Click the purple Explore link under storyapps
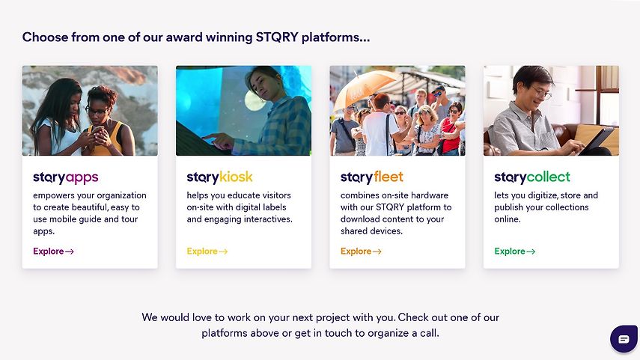pyautogui.click(x=53, y=251)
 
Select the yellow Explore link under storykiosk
pyautogui.click(x=207, y=251)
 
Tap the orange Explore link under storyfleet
pyautogui.click(x=362, y=251)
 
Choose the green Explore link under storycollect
pyautogui.click(x=515, y=251)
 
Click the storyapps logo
pyautogui.click(x=66, y=177)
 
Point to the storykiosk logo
pyautogui.click(x=219, y=177)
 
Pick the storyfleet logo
pyautogui.click(x=372, y=177)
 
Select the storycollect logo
pyautogui.click(x=532, y=177)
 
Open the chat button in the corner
pyautogui.click(x=624, y=338)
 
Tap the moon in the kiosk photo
pyautogui.click(x=255, y=100)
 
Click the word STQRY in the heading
pyautogui.click(x=277, y=37)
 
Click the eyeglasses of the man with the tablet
pyautogui.click(x=541, y=93)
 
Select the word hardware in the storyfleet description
pyautogui.click(x=430, y=195)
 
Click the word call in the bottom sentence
pyautogui.click(x=430, y=333)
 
